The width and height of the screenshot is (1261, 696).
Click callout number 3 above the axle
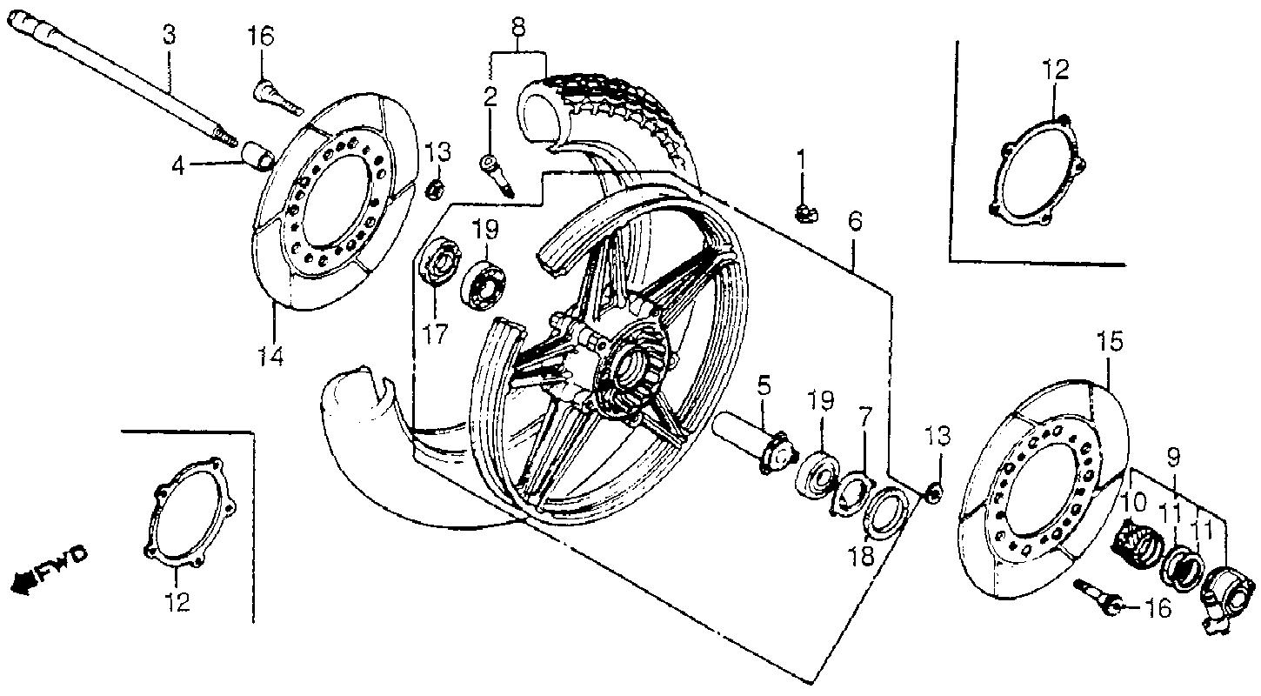click(169, 35)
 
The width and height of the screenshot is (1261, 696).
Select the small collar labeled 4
click(257, 157)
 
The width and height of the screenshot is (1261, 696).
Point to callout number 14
click(270, 356)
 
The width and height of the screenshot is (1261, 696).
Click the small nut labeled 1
click(806, 214)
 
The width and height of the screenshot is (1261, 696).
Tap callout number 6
click(855, 221)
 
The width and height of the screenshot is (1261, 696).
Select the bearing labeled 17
click(442, 263)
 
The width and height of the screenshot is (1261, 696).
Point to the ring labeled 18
click(884, 513)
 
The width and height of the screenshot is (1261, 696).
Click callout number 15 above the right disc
click(1110, 343)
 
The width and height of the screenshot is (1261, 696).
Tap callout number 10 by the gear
click(1136, 502)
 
